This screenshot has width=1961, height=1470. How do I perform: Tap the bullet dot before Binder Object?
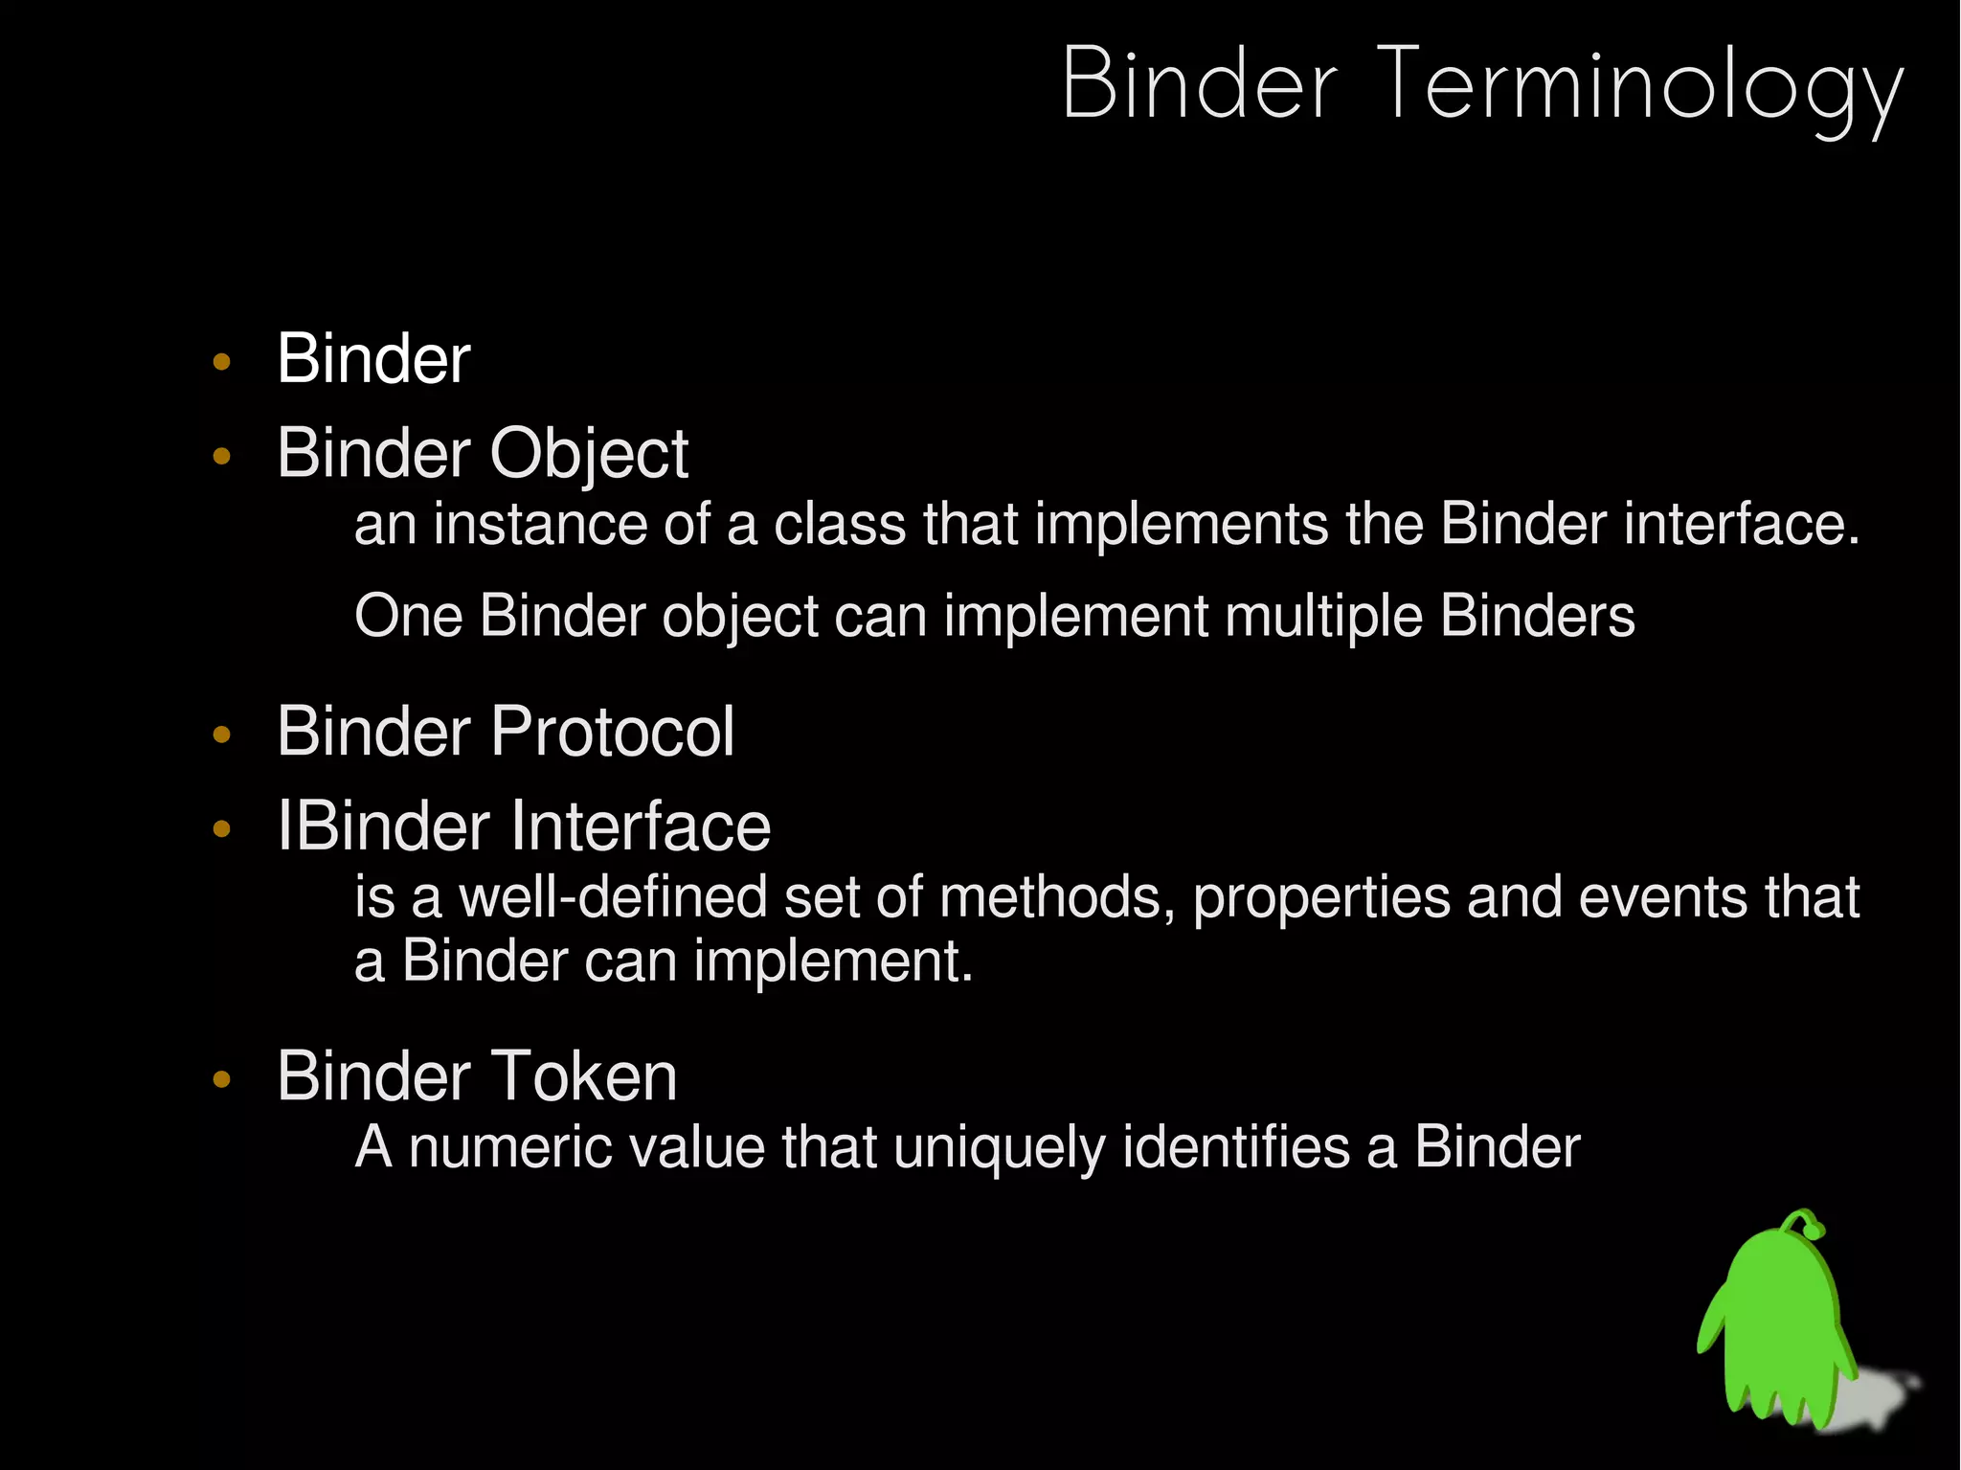[222, 457]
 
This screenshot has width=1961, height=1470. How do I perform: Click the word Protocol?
[612, 732]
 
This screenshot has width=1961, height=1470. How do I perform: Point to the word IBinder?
[383, 825]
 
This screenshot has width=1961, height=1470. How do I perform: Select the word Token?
[584, 1076]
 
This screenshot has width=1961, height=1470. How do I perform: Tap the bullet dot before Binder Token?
[222, 1080]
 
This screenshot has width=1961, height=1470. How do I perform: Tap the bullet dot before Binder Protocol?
[222, 735]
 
